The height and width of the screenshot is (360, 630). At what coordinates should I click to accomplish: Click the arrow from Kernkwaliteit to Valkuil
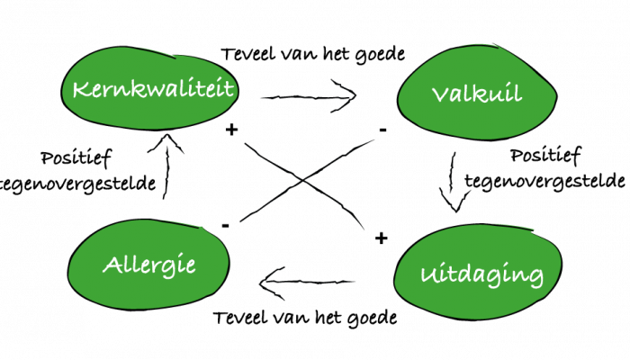310,94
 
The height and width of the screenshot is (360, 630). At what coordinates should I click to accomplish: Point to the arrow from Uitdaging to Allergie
310,286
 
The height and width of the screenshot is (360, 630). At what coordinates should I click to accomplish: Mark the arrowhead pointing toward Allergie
266,286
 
